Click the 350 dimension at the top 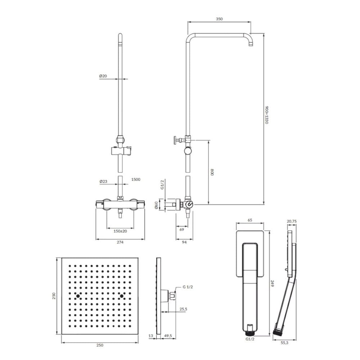coord(219,19)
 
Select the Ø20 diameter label coord(103,76)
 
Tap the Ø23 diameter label coord(103,181)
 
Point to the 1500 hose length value coord(136,179)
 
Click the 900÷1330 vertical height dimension coord(266,115)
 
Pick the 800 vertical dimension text coord(212,172)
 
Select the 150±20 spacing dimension coord(120,231)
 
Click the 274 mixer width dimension coord(120,242)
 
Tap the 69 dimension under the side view coord(181,229)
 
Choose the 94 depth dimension coord(184,242)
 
